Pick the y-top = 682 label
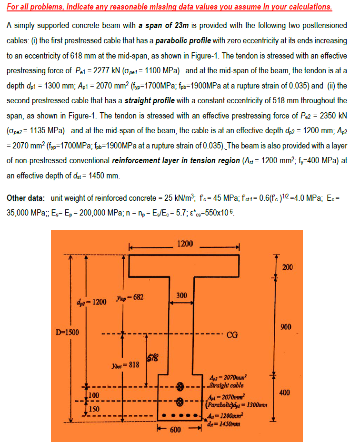pos(126,298)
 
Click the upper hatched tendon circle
pos(180,384)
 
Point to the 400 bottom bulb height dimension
pos(284,393)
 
